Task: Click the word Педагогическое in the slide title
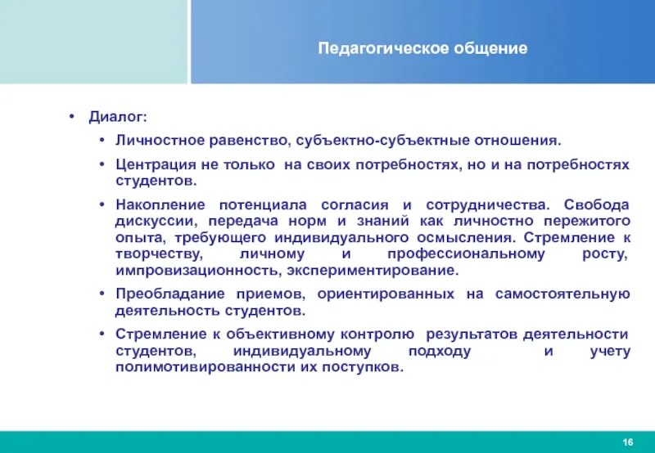click(x=367, y=48)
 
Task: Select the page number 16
click(x=628, y=442)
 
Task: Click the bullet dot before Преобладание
click(x=101, y=294)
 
